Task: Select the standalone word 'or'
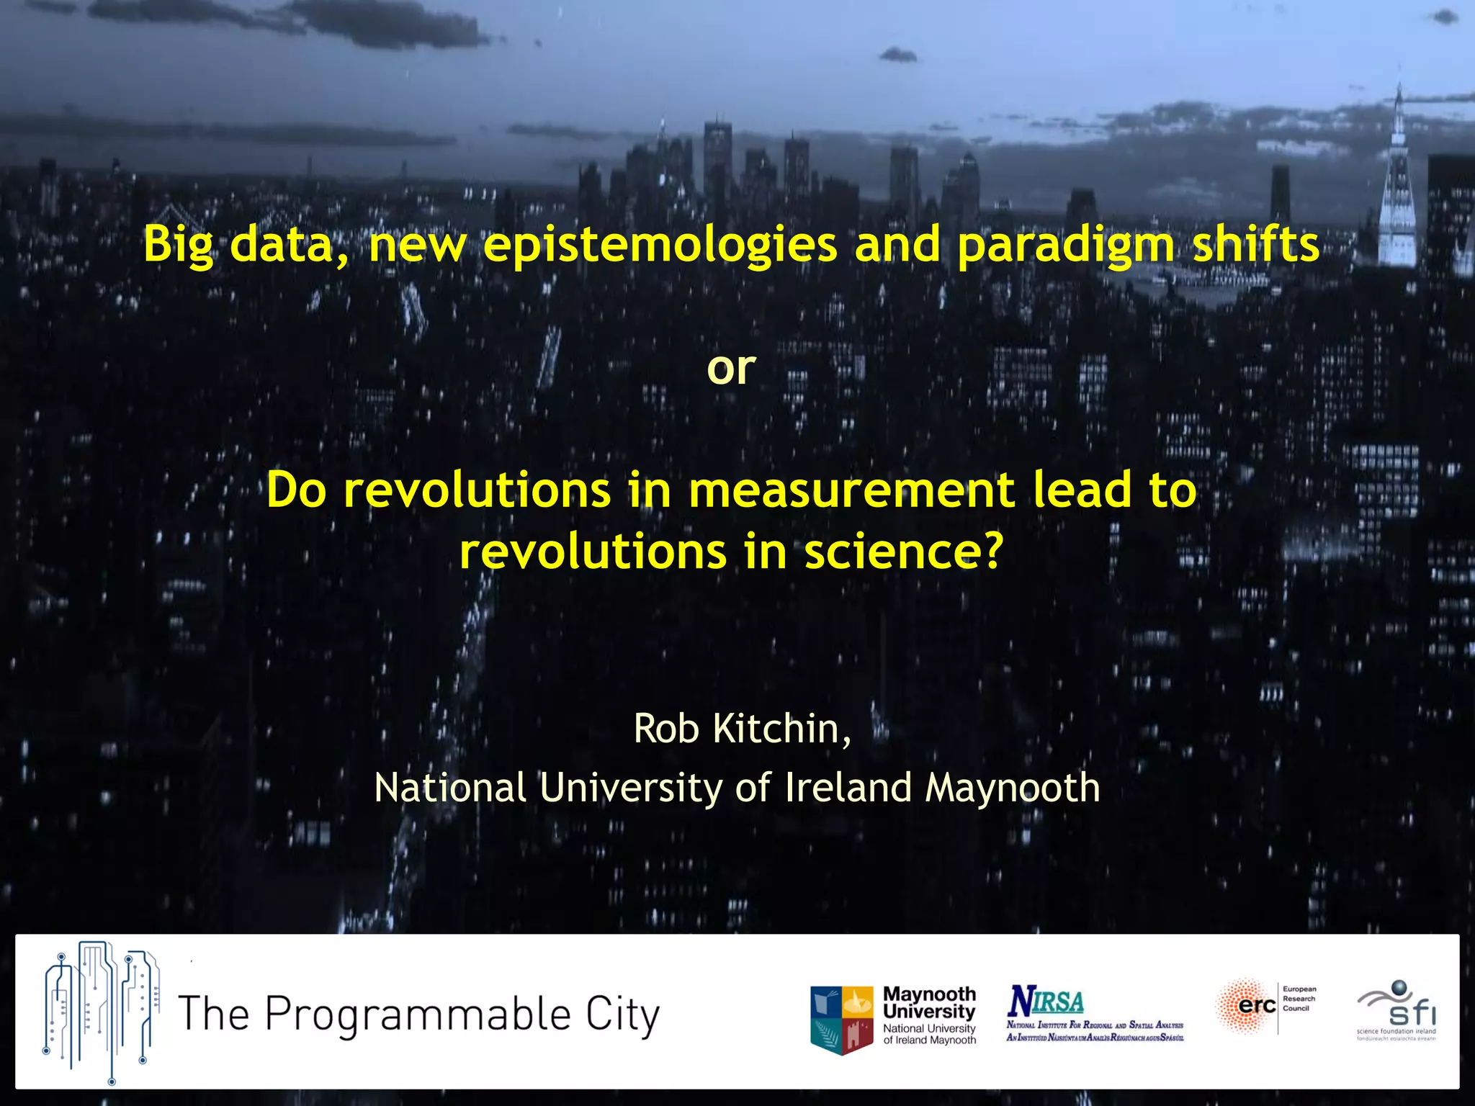pyautogui.click(x=731, y=369)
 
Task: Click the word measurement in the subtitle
pyautogui.click(x=851, y=490)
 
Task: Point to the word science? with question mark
pyautogui.click(x=903, y=552)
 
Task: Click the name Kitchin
pyautogui.click(x=781, y=729)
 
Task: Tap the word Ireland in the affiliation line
pyautogui.click(x=848, y=788)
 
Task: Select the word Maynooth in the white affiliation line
pyautogui.click(x=1012, y=788)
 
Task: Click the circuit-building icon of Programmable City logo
pyautogui.click(x=101, y=1012)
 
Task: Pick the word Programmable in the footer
pyautogui.click(x=418, y=1015)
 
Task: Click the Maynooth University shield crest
pyautogui.click(x=841, y=1019)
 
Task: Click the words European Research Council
pyautogui.click(x=1299, y=999)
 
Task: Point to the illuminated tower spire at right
pyautogui.click(x=1397, y=180)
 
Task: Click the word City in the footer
pyautogui.click(x=622, y=1015)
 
